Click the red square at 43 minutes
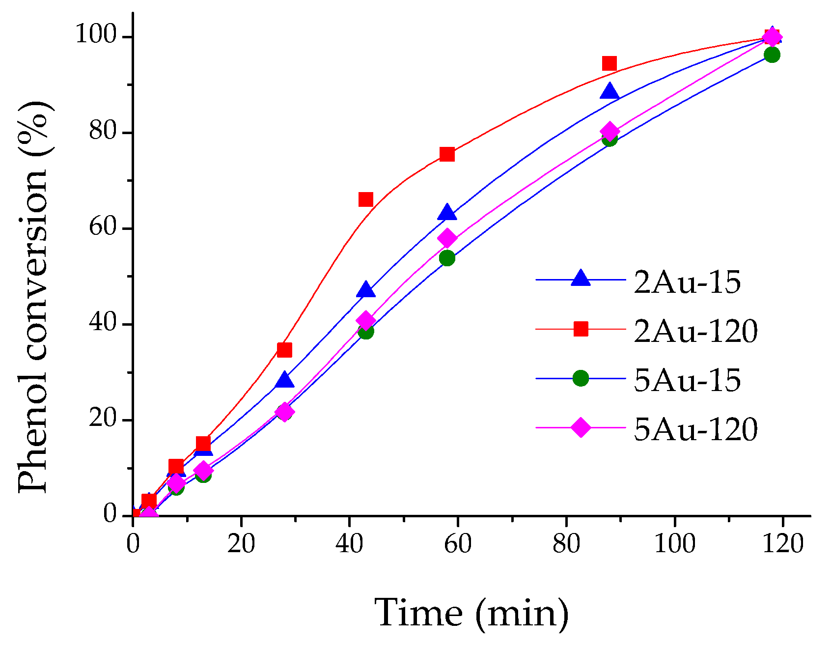click(365, 199)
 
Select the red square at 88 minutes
click(609, 63)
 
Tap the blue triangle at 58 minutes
click(447, 213)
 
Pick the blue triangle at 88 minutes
click(609, 91)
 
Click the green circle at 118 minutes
click(772, 55)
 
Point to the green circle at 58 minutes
click(447, 257)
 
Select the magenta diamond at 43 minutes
click(365, 321)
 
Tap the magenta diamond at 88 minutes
click(609, 132)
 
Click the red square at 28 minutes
click(284, 350)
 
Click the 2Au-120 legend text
click(695, 331)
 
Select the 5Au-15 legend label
click(687, 380)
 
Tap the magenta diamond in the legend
click(581, 427)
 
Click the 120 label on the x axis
click(783, 544)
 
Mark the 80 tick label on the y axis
click(103, 133)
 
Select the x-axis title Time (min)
click(471, 613)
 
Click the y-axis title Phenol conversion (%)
click(33, 297)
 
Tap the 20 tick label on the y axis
click(103, 421)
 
